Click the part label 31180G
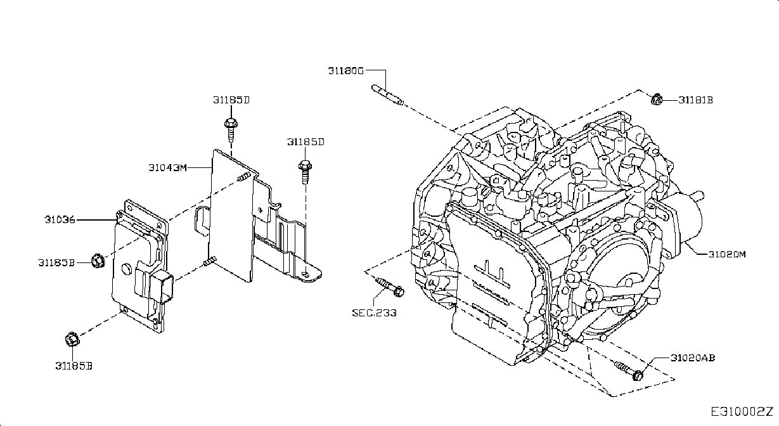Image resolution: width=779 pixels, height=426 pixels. coord(345,71)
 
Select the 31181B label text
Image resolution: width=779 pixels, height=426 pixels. coord(695,100)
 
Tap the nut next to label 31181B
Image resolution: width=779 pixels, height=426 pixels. coord(656,100)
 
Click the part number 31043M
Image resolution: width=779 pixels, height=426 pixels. coord(167,168)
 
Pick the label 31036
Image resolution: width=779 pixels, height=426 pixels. coord(60,220)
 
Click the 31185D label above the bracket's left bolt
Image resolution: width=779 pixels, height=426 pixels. coord(231,100)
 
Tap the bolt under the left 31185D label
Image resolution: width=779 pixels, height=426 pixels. coord(231,129)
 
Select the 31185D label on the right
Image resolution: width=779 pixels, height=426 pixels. coord(306,142)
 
